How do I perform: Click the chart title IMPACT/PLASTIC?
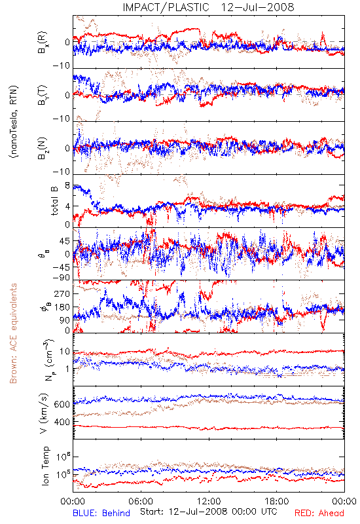tap(166, 7)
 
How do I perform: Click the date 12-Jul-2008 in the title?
tap(257, 7)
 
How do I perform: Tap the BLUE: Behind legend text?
tap(101, 513)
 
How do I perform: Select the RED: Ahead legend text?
tap(319, 513)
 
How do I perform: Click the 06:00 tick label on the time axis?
tap(141, 501)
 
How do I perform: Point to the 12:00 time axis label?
tap(209, 501)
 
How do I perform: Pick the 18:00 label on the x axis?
tap(276, 501)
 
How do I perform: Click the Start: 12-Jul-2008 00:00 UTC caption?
tap(208, 512)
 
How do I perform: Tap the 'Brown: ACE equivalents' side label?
tap(13, 333)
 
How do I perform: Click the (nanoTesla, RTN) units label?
tap(14, 122)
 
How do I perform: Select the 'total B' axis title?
tap(54, 200)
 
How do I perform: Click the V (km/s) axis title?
tap(44, 413)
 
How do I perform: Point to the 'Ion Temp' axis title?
tap(45, 466)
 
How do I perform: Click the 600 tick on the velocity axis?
tap(62, 404)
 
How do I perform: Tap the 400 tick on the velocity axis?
tap(62, 422)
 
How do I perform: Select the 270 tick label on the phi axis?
tap(62, 293)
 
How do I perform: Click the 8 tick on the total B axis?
tap(67, 185)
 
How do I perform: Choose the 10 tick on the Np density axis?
tap(65, 352)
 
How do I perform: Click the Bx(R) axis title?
tap(43, 43)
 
